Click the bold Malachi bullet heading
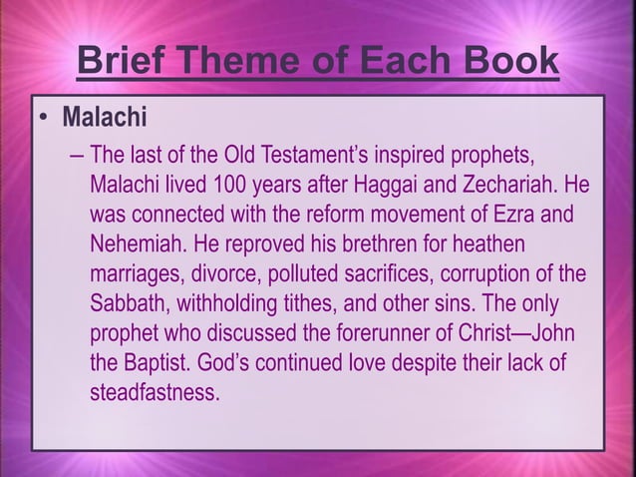(x=105, y=120)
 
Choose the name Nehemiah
(x=135, y=244)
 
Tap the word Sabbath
(x=126, y=302)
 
